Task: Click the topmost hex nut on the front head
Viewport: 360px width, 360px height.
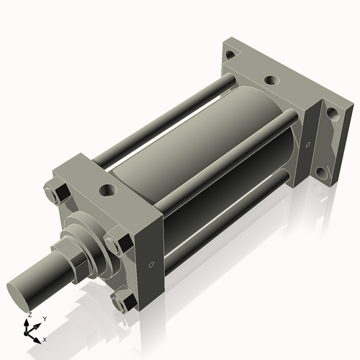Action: tap(57, 194)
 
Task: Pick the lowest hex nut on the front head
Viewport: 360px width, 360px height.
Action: tap(125, 301)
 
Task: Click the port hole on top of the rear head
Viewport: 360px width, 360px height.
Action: tap(271, 81)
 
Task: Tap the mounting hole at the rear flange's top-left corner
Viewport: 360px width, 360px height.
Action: tap(230, 55)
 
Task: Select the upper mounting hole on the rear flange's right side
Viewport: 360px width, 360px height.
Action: tap(332, 112)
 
